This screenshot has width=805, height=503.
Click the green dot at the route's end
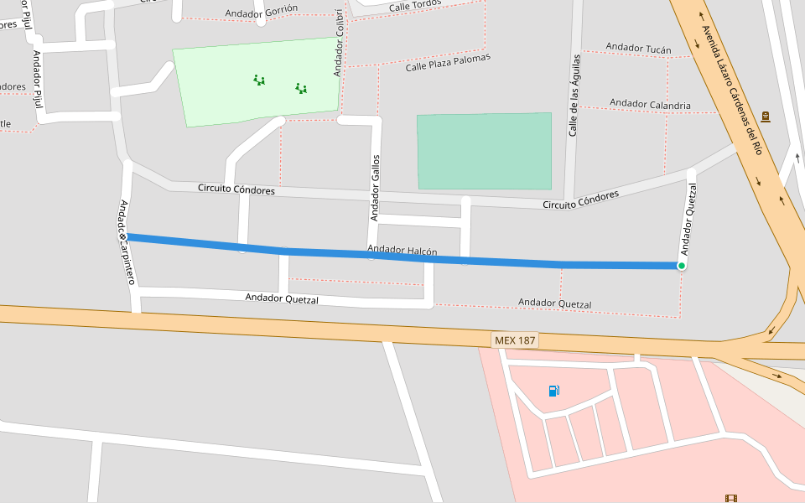coord(682,266)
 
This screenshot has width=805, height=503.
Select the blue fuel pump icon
coord(553,391)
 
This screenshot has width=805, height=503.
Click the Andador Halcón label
coord(402,251)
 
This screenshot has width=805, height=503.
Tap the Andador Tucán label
coord(638,49)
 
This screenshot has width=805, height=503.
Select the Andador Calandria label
coord(650,105)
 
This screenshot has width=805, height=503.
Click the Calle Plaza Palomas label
coord(448,63)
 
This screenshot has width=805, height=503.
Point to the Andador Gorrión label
coord(261,12)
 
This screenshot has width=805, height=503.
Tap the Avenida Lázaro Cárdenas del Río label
coord(731,91)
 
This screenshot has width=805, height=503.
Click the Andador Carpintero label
coord(127,242)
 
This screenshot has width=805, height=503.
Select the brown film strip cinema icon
coord(732,498)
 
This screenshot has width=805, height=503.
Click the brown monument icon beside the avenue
coord(765,116)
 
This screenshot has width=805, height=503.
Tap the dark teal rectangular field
coord(484,151)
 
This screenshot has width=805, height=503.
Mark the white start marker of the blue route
coord(123,237)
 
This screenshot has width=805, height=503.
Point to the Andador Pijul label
coord(37,80)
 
